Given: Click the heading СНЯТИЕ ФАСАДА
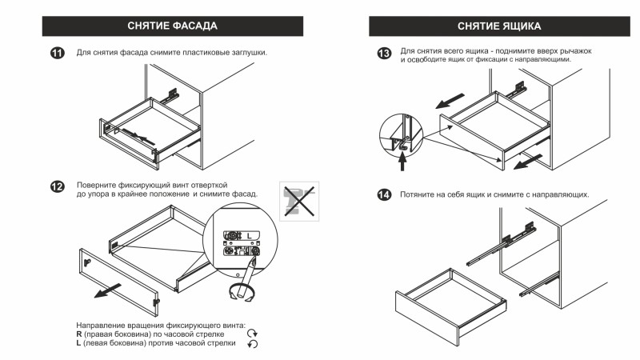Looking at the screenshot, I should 171,26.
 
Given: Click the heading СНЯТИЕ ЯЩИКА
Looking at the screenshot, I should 499,26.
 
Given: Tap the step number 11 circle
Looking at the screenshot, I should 57,54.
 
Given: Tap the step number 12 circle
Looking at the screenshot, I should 57,186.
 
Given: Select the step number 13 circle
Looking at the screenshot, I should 384,54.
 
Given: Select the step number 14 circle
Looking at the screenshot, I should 384,195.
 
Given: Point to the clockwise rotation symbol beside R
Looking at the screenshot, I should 253,334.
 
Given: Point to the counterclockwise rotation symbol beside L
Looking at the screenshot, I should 253,344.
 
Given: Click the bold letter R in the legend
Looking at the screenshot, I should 79,334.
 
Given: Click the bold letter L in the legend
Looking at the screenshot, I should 78,343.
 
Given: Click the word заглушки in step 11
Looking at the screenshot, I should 246,53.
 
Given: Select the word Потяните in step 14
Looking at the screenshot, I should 419,195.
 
